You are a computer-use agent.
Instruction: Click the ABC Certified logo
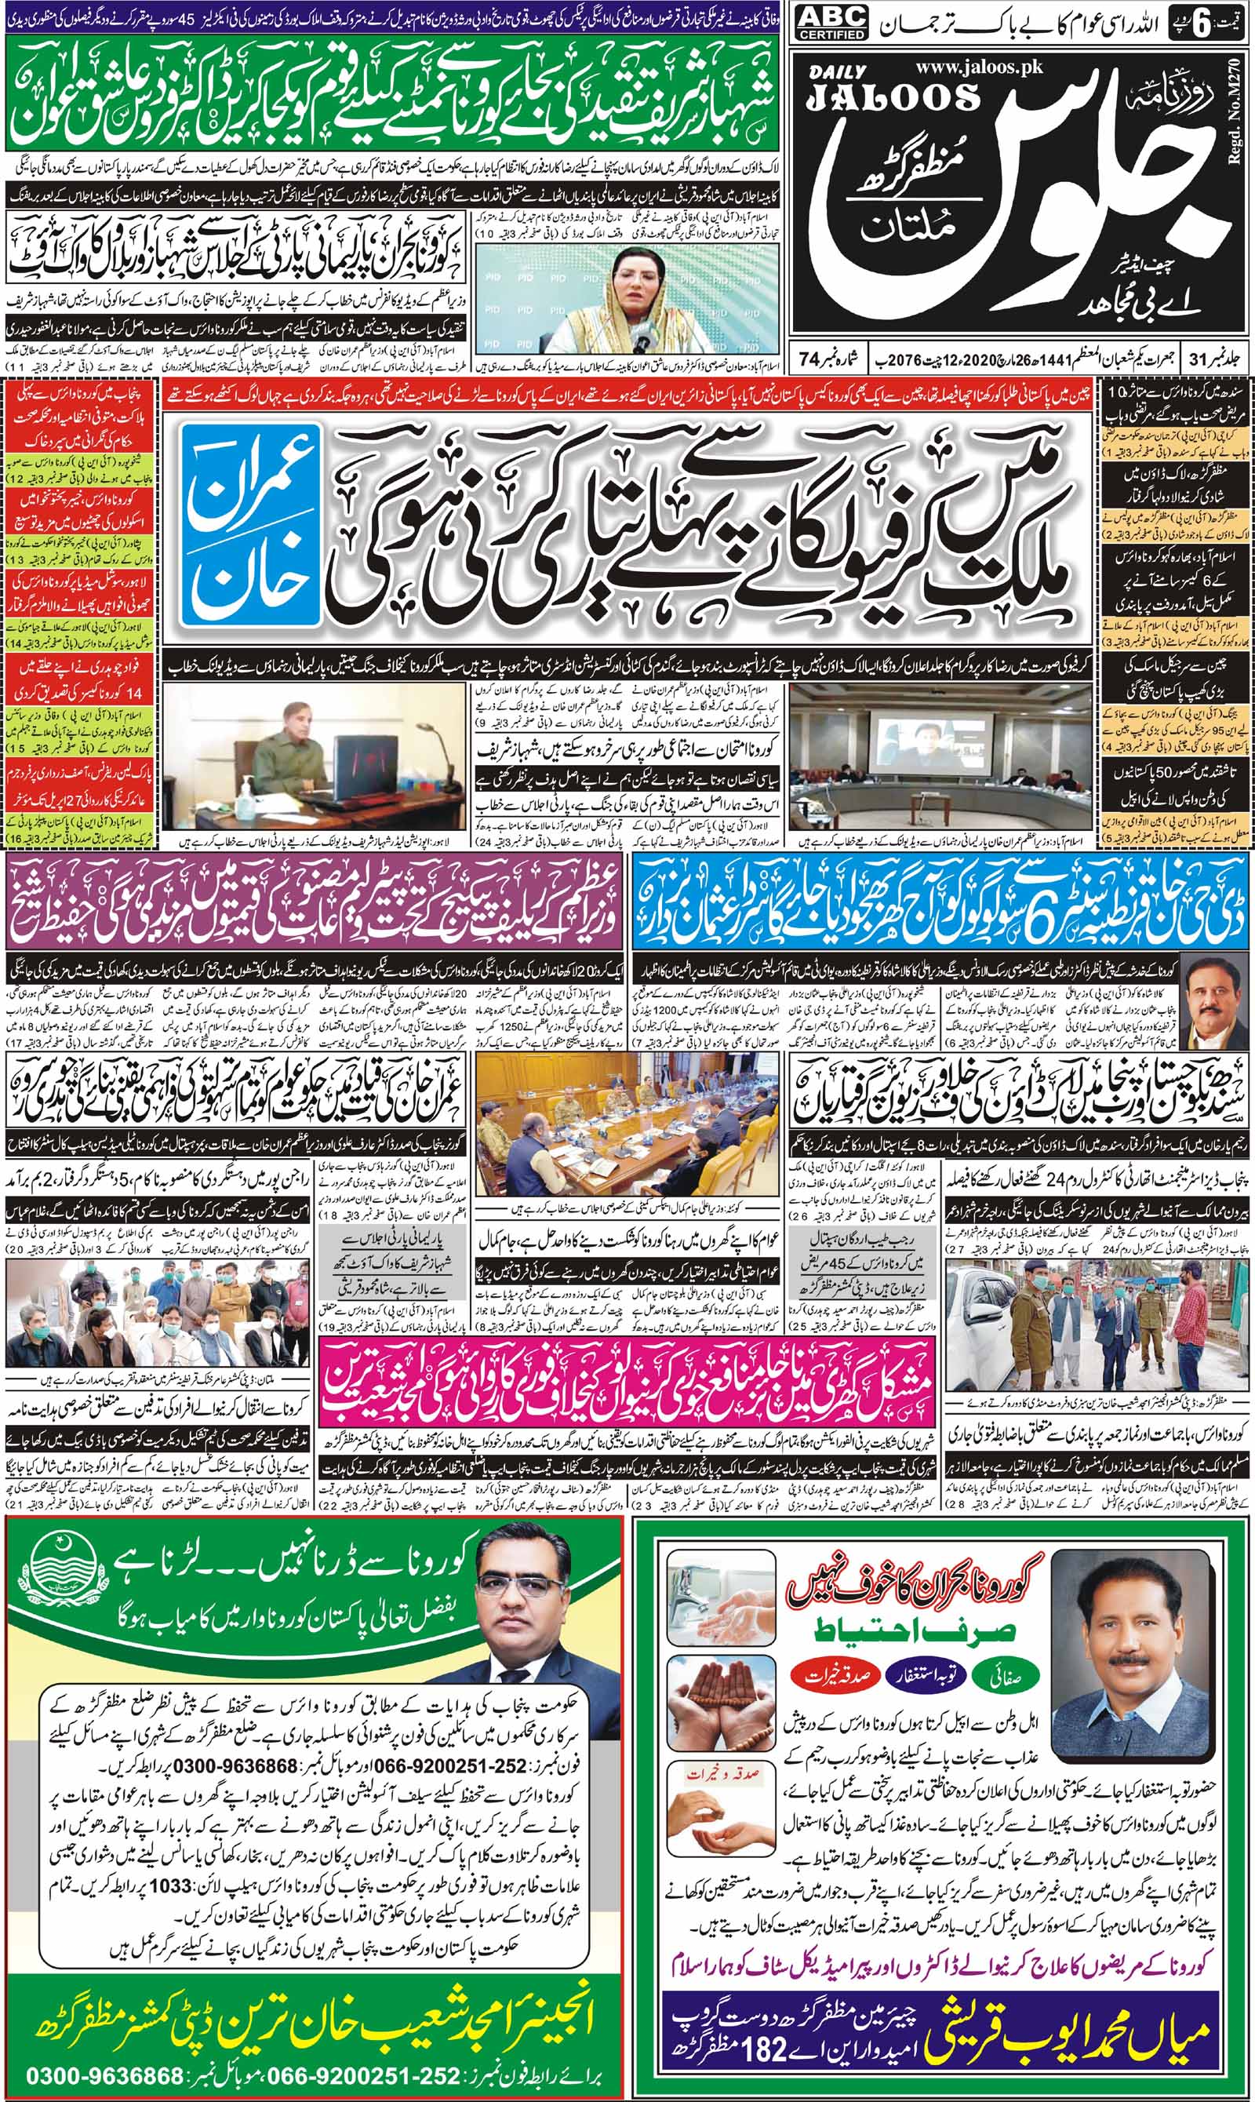pos(831,24)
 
